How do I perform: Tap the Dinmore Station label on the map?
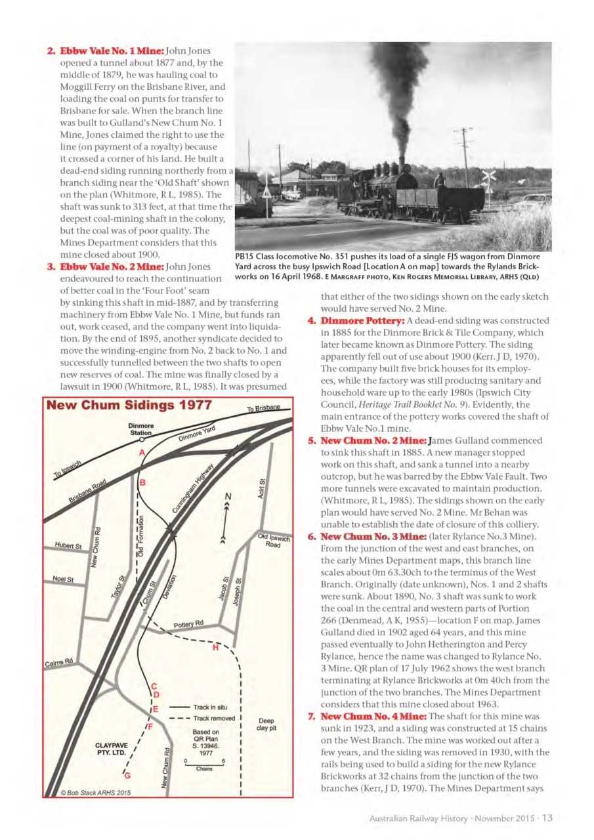(140, 429)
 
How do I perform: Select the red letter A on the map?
(140, 453)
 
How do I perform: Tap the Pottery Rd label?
(188, 623)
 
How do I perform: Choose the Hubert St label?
(68, 546)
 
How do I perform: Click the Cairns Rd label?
(59, 661)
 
